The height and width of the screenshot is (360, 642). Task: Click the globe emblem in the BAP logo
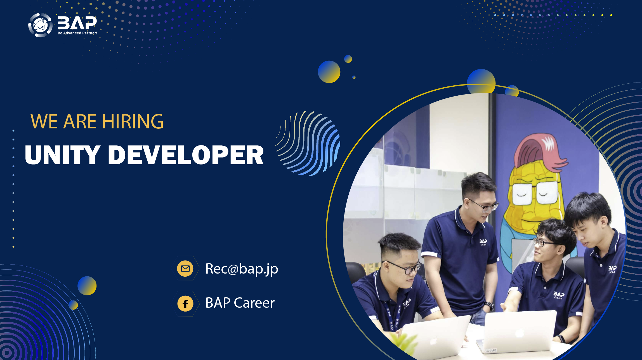(40, 25)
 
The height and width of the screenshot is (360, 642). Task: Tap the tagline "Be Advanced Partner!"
(77, 33)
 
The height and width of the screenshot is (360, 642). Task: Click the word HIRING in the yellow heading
(133, 122)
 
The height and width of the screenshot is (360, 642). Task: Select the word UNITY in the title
(62, 155)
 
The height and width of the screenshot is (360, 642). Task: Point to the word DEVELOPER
(186, 155)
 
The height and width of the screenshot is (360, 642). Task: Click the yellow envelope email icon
(185, 269)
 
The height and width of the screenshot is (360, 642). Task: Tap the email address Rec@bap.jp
(242, 269)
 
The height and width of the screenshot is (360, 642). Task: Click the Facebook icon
(185, 303)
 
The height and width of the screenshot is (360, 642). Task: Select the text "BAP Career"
(240, 303)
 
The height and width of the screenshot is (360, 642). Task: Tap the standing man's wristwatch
(489, 305)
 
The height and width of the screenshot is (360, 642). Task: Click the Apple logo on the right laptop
(519, 333)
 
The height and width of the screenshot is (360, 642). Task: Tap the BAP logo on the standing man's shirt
(483, 242)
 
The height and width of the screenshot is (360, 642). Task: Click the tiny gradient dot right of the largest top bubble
(354, 77)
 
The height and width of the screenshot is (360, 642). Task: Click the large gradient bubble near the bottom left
(87, 286)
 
